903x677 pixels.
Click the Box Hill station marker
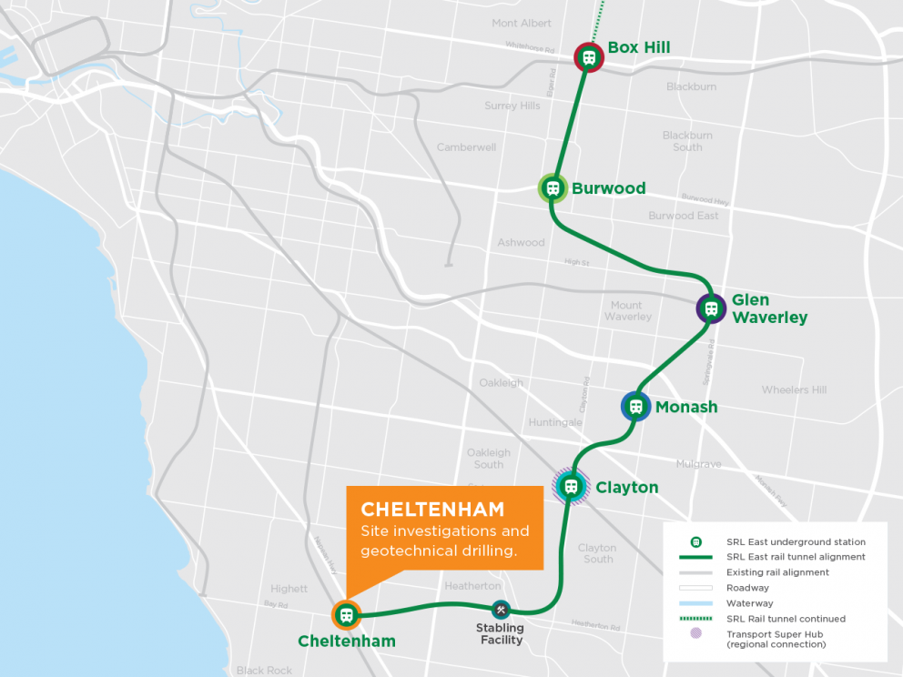tap(589, 57)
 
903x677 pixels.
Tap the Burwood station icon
tap(553, 188)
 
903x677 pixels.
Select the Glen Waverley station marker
tap(711, 308)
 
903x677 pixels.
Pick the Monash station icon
tap(636, 407)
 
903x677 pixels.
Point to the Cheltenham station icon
tap(346, 615)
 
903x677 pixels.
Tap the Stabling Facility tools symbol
tap(500, 610)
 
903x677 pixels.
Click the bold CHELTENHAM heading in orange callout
tap(432, 510)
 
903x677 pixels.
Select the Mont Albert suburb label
tap(522, 23)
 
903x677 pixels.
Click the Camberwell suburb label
tap(466, 147)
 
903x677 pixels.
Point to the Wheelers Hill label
tap(794, 389)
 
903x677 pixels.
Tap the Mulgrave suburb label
tap(698, 464)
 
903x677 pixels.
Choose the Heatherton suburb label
tap(472, 586)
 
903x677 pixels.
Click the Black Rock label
tap(264, 671)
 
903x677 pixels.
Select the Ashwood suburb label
tap(521, 242)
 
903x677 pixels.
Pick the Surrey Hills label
tap(512, 106)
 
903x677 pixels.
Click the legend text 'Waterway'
tap(749, 603)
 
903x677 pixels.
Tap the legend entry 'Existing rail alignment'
tap(777, 572)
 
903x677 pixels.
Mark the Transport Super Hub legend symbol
tap(696, 633)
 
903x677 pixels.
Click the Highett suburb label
tap(289, 589)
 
